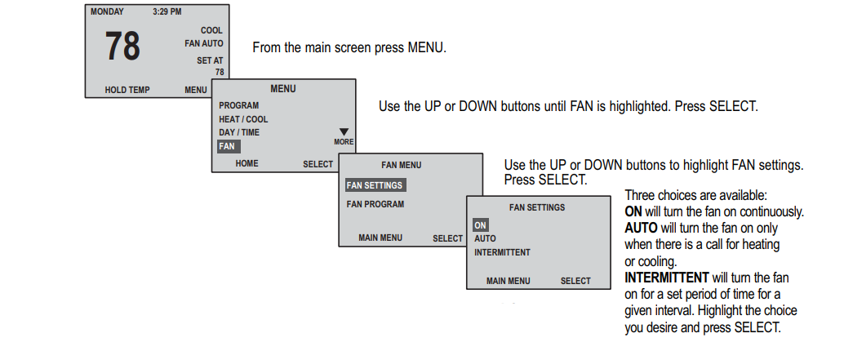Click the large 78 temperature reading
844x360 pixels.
click(x=122, y=47)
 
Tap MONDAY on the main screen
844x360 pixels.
click(x=107, y=12)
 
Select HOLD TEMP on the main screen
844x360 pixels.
click(x=127, y=90)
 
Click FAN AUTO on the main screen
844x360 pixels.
click(x=203, y=43)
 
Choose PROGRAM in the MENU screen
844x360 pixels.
click(x=238, y=105)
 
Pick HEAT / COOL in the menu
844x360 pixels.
click(x=243, y=119)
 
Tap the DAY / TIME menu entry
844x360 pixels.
click(x=239, y=132)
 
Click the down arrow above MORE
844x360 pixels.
click(x=344, y=131)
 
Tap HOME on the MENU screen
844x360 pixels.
click(x=247, y=163)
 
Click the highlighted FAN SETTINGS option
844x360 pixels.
click(x=375, y=185)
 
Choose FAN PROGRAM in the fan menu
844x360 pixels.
click(x=375, y=204)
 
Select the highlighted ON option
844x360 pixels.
click(x=481, y=225)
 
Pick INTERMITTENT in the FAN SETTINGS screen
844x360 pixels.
click(x=502, y=252)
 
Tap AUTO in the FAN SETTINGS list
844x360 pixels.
click(x=485, y=238)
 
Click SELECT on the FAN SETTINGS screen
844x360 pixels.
click(x=575, y=281)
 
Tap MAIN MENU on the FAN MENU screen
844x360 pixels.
click(x=380, y=238)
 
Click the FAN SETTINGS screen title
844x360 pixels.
click(x=537, y=207)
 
